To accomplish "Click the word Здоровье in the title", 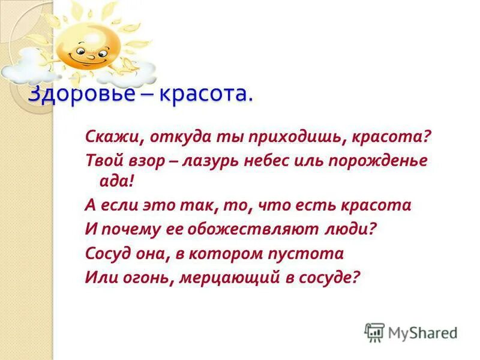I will (x=71, y=94).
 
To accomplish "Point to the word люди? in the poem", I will (x=352, y=229).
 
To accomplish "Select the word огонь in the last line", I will (x=145, y=278).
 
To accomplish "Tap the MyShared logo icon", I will (x=374, y=332).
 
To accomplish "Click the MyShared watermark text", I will (x=422, y=332).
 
